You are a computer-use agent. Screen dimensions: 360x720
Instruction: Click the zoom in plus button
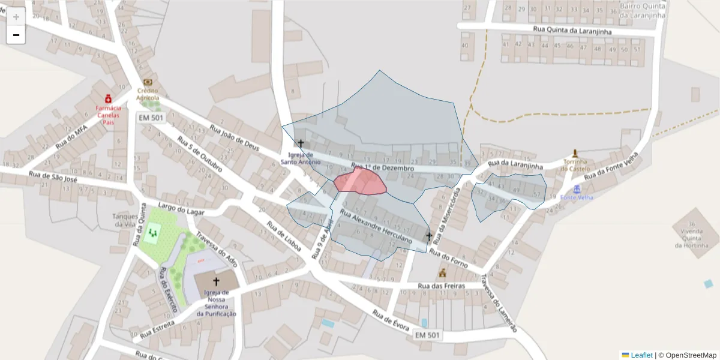[16, 17]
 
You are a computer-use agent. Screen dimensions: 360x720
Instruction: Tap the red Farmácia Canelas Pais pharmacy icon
[108, 98]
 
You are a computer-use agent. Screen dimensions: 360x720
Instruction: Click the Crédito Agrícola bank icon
[148, 83]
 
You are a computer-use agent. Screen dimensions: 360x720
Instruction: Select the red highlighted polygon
[360, 182]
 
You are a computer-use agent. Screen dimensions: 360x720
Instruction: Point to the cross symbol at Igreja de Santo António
[301, 144]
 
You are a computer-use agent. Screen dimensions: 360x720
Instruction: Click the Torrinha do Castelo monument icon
[575, 153]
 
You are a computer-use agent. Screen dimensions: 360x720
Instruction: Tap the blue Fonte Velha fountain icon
[577, 189]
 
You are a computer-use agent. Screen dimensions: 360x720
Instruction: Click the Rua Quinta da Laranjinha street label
[568, 29]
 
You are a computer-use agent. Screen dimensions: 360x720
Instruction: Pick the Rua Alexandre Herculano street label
[376, 226]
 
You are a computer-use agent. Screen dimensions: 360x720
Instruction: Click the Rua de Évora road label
[390, 322]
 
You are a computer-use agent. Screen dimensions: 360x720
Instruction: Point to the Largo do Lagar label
[182, 209]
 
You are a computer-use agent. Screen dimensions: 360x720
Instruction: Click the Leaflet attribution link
[641, 355]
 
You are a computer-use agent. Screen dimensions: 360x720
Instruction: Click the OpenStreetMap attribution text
[691, 355]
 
